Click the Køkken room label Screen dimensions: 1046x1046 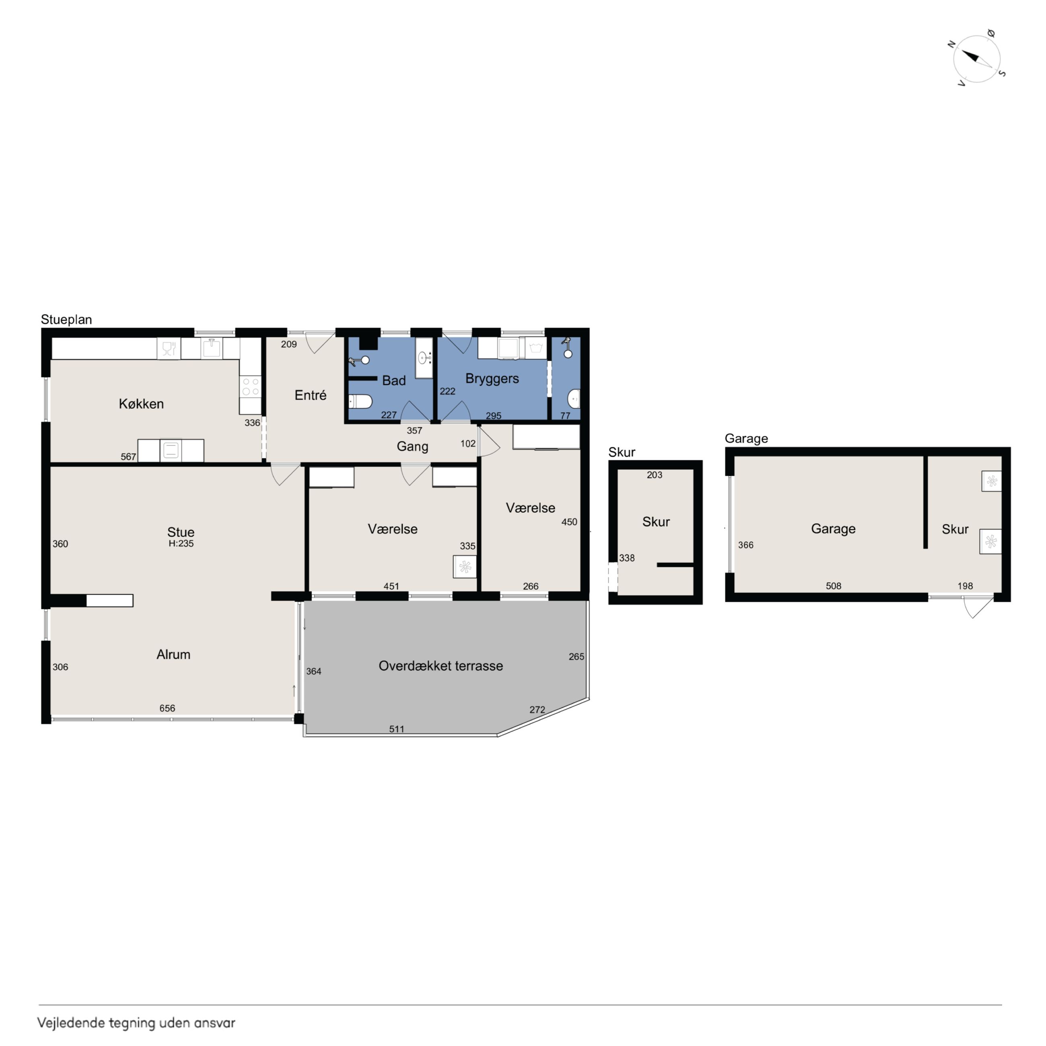click(141, 404)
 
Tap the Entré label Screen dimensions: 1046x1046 click(310, 395)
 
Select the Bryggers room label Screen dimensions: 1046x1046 click(492, 379)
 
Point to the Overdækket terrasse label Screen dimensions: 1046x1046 click(441, 666)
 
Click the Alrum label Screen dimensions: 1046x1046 click(173, 655)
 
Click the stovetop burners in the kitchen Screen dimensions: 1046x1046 click(250, 387)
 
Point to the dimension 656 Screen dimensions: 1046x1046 click(167, 708)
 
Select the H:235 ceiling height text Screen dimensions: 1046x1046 click(181, 544)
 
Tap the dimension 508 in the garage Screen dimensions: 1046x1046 click(834, 586)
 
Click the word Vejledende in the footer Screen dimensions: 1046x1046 click(71, 1023)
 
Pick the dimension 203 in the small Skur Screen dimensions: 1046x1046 click(655, 475)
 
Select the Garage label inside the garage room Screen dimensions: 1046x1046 click(833, 529)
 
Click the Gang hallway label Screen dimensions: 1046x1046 click(412, 447)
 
